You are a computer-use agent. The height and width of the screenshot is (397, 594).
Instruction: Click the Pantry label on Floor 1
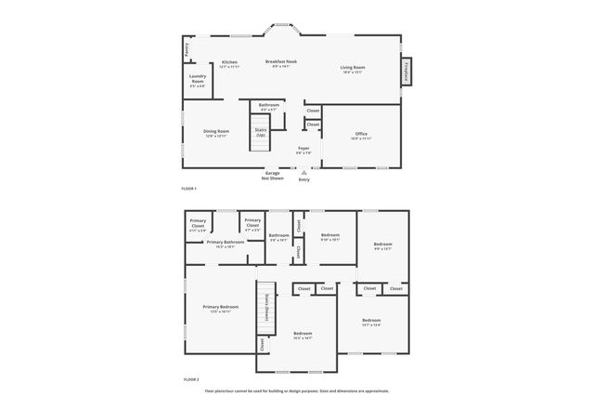187,46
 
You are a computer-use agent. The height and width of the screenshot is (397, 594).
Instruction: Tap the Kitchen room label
229,64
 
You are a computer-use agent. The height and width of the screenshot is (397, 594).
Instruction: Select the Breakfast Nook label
280,63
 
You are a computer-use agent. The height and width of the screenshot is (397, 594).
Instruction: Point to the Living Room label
352,69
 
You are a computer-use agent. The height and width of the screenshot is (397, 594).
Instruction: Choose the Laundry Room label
197,80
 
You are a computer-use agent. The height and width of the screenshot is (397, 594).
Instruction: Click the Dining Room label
215,133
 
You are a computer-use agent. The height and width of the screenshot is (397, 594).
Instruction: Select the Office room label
361,136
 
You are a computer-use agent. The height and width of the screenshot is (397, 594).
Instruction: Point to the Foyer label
303,150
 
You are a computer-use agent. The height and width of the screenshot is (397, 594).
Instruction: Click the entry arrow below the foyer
303,171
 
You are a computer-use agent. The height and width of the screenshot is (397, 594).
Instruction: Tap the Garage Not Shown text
273,175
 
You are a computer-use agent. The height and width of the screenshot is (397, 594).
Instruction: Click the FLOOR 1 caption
189,189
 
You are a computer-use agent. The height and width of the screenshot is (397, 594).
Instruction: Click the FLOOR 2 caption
189,379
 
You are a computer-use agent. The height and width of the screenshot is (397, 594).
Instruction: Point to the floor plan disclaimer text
297,390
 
